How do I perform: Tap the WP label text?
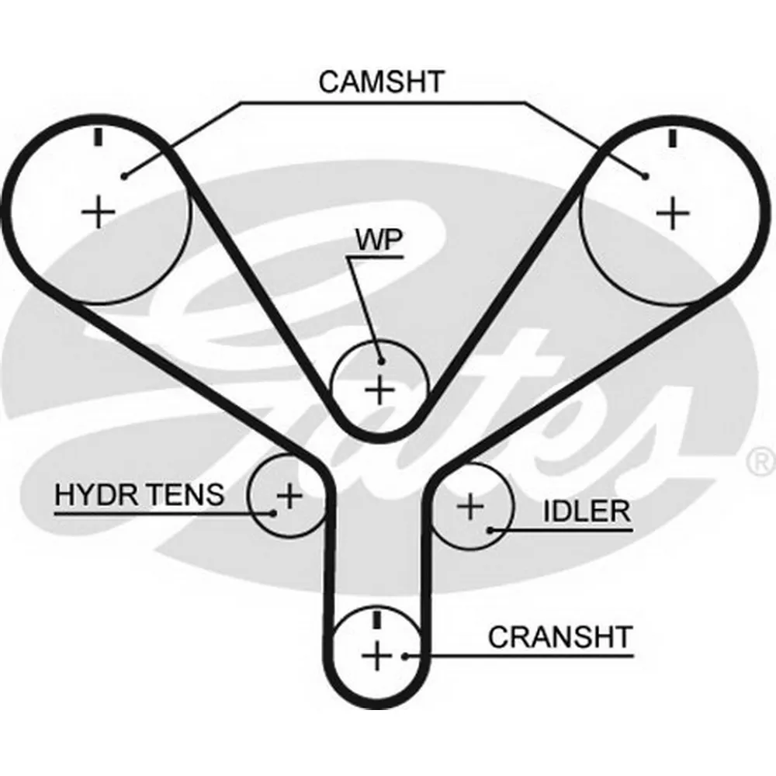(379, 240)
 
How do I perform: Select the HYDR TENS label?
(139, 494)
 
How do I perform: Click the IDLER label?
(587, 511)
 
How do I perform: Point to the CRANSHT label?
(560, 637)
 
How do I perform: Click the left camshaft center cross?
(99, 212)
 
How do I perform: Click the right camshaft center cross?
(672, 213)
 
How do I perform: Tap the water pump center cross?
(379, 390)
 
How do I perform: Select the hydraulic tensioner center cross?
(290, 495)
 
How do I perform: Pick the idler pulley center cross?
(471, 506)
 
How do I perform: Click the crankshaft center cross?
(377, 656)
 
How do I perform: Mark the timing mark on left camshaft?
(99, 137)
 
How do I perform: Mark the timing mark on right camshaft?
(672, 138)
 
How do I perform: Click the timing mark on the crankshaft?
(377, 620)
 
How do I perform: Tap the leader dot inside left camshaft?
(125, 175)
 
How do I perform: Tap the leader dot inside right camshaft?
(646, 175)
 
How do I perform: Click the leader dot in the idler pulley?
(490, 531)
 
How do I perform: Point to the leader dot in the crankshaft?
(405, 656)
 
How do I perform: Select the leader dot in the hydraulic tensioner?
(272, 513)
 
